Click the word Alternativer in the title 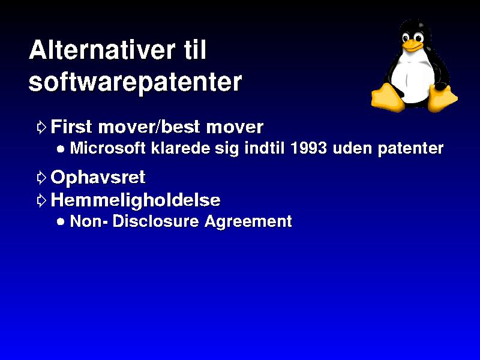click(x=102, y=50)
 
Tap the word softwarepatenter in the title click(x=135, y=82)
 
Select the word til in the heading click(x=196, y=50)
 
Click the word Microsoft click(x=108, y=148)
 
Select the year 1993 click(x=308, y=148)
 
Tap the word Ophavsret click(x=98, y=178)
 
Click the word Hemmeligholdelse click(x=136, y=200)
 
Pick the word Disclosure click(x=156, y=221)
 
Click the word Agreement click(x=248, y=221)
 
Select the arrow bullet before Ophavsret click(x=41, y=178)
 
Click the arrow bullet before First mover click(x=41, y=127)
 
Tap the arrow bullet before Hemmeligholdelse click(x=41, y=200)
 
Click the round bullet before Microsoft click(x=61, y=149)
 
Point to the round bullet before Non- click(x=61, y=221)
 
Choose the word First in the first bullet click(x=71, y=127)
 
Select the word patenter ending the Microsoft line click(x=410, y=148)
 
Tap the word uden click(x=352, y=148)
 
